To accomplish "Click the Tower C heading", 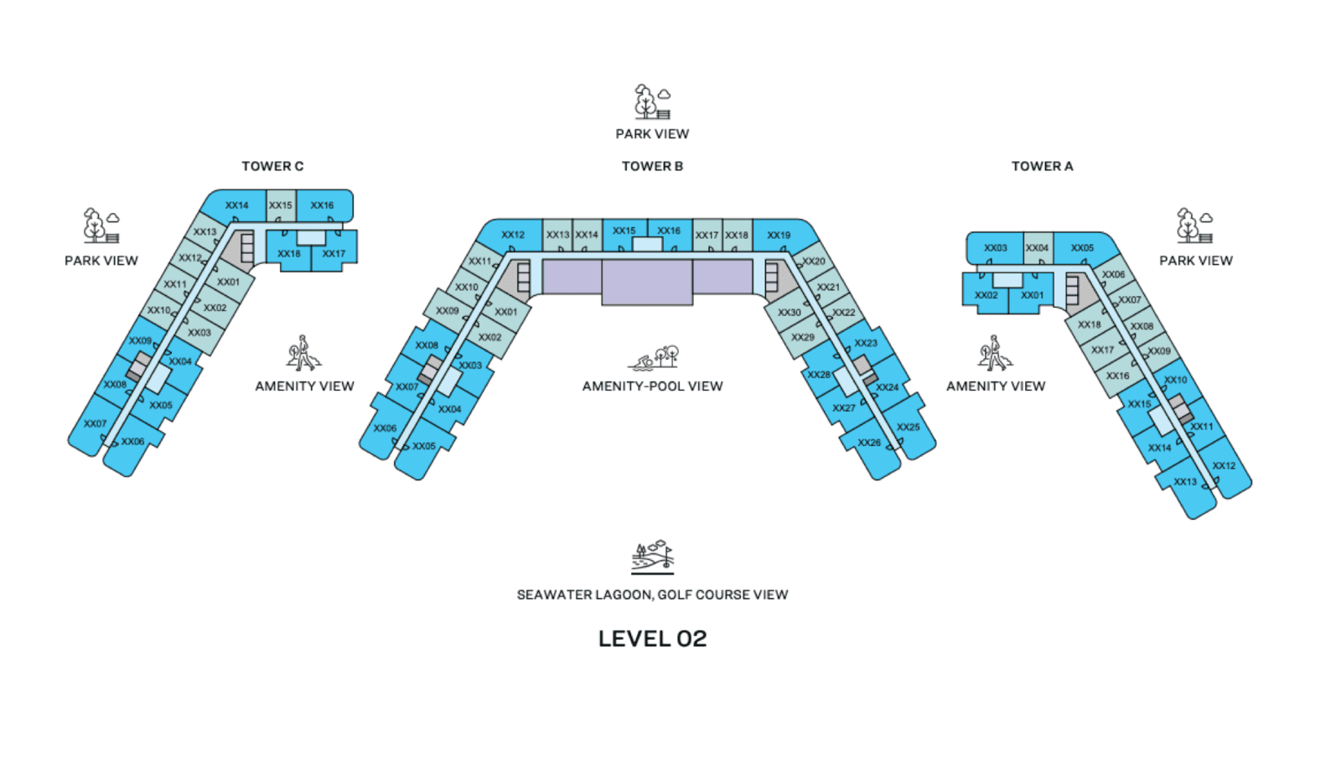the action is pos(272,166).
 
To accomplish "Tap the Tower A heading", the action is pos(1043,166).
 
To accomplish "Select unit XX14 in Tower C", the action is pos(236,205).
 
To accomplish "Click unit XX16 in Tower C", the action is pos(322,205).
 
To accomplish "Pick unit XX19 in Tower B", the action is pos(779,236).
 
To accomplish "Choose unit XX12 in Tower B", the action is pos(513,236).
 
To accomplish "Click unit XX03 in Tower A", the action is pos(996,248).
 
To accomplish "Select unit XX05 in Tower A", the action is pos(1082,248).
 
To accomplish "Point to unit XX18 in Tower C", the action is pos(288,253).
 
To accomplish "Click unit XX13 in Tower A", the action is pos(1185,482).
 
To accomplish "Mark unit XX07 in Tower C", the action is pos(96,424).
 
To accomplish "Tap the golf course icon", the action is pos(653,557).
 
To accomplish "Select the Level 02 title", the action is pos(653,639).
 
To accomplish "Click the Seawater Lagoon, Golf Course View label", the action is pos(653,594).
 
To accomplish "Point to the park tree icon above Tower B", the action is pos(653,101).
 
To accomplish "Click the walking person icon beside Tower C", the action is pos(303,353).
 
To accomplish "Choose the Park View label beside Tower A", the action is pos(1196,261).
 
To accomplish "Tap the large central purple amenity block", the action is pos(647,282).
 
